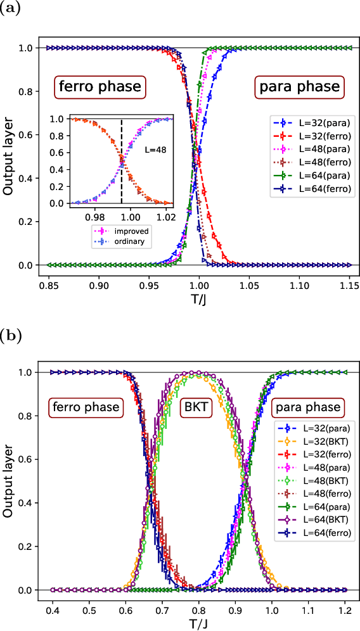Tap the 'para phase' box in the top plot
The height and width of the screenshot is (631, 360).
[298, 87]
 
